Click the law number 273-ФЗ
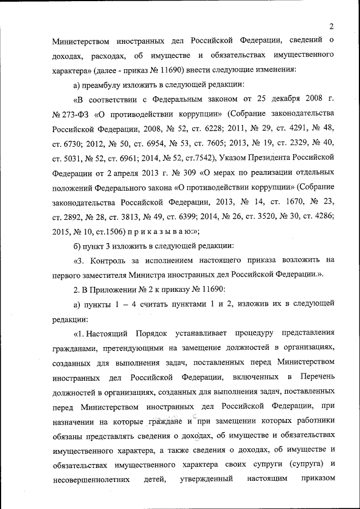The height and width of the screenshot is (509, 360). pos(73,114)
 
